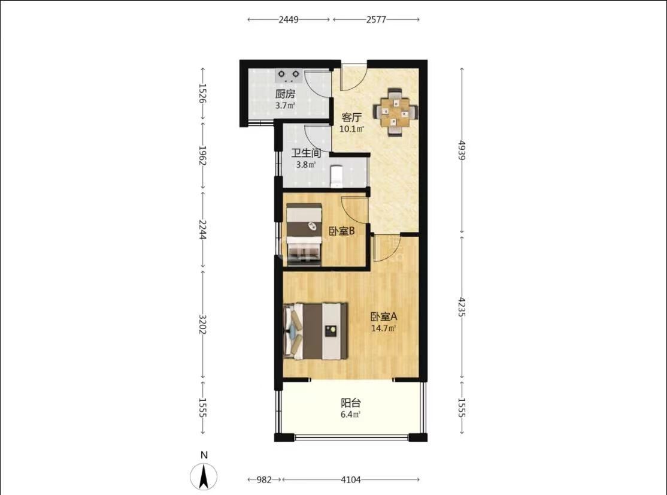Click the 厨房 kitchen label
[x=285, y=94]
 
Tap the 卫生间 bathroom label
[x=305, y=153]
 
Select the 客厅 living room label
[x=352, y=117]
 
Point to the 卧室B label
[x=342, y=231]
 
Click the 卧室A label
[x=384, y=316]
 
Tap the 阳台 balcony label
[x=351, y=403]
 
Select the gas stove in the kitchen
[x=289, y=76]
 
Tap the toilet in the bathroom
[x=336, y=176]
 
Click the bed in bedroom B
[x=304, y=235]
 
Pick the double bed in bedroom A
[x=316, y=331]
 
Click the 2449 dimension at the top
[x=289, y=20]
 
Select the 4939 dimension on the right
[x=462, y=150]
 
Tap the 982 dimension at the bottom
[x=263, y=479]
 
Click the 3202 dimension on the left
[x=203, y=324]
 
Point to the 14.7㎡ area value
[x=384, y=328]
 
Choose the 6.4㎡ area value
[x=351, y=414]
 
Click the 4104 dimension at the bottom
[x=351, y=479]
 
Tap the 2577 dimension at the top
[x=376, y=20]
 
